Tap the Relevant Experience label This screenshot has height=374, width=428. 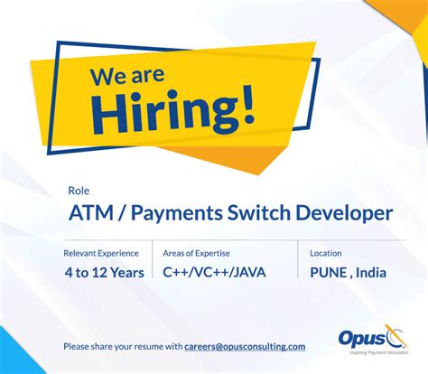click(101, 253)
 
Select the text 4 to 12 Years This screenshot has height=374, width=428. click(104, 272)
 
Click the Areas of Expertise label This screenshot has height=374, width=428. click(198, 253)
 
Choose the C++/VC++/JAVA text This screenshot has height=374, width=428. click(214, 272)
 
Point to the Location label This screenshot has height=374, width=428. click(325, 253)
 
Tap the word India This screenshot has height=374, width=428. click(370, 272)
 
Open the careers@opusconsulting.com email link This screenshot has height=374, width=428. click(245, 346)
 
